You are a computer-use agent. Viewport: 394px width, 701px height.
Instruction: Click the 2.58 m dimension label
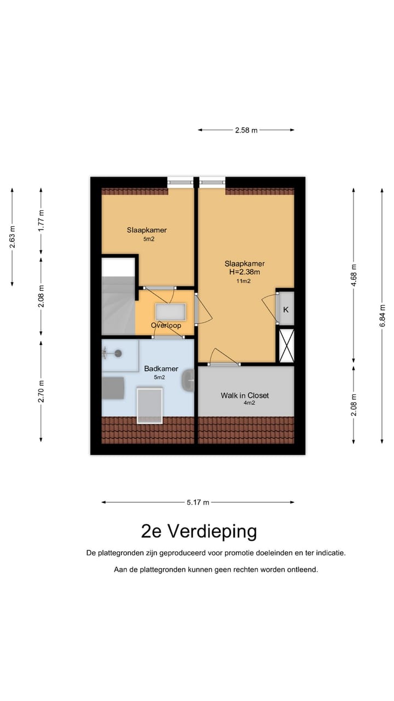(246, 130)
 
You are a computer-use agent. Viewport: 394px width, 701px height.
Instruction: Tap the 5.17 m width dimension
(198, 502)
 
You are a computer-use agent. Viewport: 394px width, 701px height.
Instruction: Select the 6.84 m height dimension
(383, 315)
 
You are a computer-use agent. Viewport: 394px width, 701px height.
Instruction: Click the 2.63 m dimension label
(13, 237)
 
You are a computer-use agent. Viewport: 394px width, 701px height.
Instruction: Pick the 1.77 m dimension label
(41, 220)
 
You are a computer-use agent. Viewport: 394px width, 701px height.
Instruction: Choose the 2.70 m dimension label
(41, 391)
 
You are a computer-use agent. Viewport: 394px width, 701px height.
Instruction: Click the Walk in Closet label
(245, 395)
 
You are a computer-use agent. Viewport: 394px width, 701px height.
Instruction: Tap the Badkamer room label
(161, 369)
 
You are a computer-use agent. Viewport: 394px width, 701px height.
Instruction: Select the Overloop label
(166, 325)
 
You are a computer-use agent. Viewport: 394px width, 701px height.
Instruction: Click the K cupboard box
(286, 309)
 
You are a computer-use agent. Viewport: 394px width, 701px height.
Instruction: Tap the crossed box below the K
(286, 345)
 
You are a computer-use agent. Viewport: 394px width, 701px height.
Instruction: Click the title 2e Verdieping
(199, 531)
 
